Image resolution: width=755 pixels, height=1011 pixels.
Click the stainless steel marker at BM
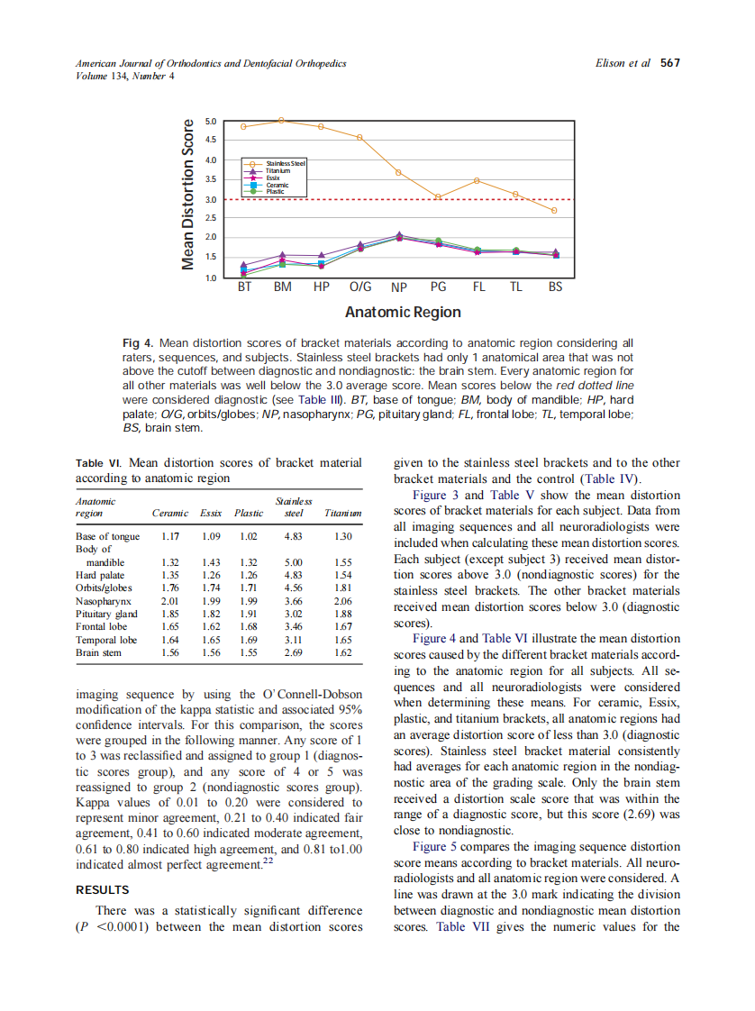(282, 120)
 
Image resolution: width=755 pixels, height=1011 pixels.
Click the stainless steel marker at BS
(555, 210)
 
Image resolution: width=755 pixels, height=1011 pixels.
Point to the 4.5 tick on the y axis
(211, 140)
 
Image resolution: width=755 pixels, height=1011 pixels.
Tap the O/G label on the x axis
(359, 288)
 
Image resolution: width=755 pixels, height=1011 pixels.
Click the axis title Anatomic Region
(402, 313)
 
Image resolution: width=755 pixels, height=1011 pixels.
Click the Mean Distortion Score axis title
(188, 194)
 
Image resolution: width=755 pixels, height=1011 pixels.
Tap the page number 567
(670, 63)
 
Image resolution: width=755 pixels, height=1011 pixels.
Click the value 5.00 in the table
(292, 561)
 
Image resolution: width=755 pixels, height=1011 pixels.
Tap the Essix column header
(211, 514)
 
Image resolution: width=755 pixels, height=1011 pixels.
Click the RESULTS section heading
(102, 889)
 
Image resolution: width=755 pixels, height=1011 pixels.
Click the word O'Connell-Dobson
(313, 695)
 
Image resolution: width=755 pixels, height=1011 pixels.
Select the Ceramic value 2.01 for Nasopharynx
(170, 600)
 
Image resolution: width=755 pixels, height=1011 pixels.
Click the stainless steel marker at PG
(438, 196)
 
